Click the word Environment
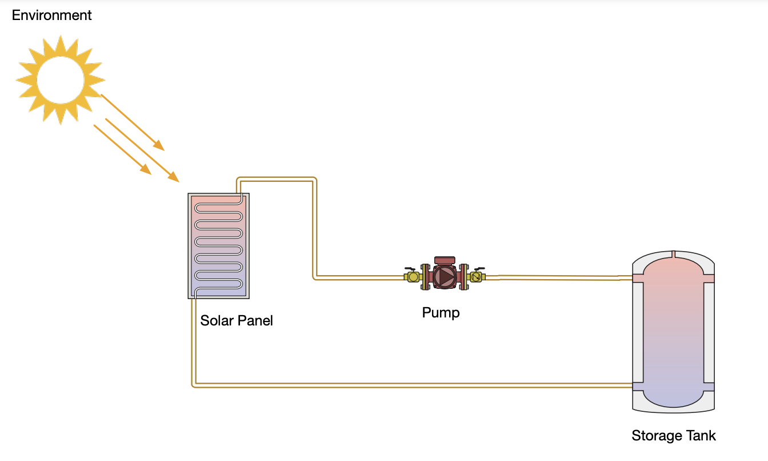coord(51,15)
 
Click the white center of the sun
coord(61,79)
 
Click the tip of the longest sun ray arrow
coord(178,181)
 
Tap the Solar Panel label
coord(237,320)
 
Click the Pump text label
coord(441,313)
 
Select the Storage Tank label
coord(673,436)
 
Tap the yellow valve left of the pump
coord(413,276)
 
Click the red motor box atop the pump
coord(445,261)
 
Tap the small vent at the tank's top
coord(674,254)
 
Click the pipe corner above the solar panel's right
coord(314,180)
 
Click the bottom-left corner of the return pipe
coord(194,385)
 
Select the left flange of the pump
coord(425,277)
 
